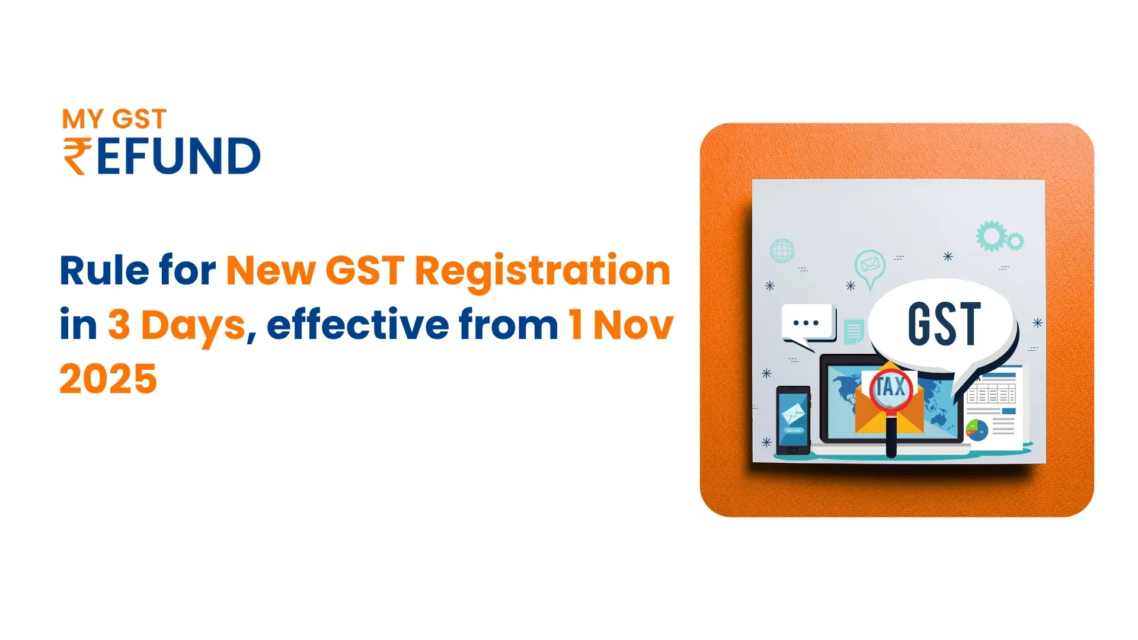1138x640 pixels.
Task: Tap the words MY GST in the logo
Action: coord(114,119)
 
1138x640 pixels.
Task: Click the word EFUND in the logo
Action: coord(178,156)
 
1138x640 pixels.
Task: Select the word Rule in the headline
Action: coord(104,271)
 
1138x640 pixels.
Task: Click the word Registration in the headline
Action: coord(542,271)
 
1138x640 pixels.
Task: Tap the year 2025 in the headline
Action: coord(108,379)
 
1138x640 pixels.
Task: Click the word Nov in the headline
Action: coord(633,325)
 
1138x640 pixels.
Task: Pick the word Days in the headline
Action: coord(193,325)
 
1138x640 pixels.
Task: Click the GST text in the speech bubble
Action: coord(944,324)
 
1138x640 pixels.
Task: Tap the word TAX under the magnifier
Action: coord(891,388)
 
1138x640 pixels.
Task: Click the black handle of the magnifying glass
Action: coord(891,437)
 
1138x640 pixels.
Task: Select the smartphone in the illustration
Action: coord(793,420)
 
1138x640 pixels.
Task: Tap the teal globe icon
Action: coord(782,251)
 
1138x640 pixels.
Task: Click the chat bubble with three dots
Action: coord(807,324)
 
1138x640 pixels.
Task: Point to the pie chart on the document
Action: coord(977,429)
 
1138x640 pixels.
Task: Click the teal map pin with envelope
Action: coord(870,267)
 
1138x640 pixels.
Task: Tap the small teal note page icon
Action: coord(854,332)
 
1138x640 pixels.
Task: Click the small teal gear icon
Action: coord(1015,241)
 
